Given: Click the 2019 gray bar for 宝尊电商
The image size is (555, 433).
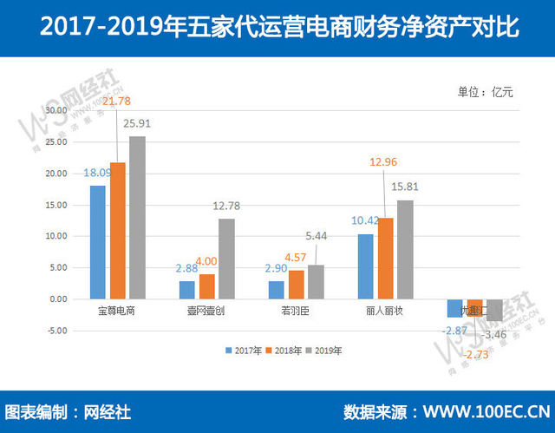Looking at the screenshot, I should (137, 217).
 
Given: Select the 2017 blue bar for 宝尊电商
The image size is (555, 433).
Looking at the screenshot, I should (98, 242).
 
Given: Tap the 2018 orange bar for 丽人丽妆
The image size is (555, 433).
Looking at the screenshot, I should (384, 258).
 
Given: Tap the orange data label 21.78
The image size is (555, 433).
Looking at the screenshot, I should (117, 102).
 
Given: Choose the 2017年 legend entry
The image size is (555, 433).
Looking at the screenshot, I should (245, 351).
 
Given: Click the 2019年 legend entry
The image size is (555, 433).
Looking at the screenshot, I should (324, 351).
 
